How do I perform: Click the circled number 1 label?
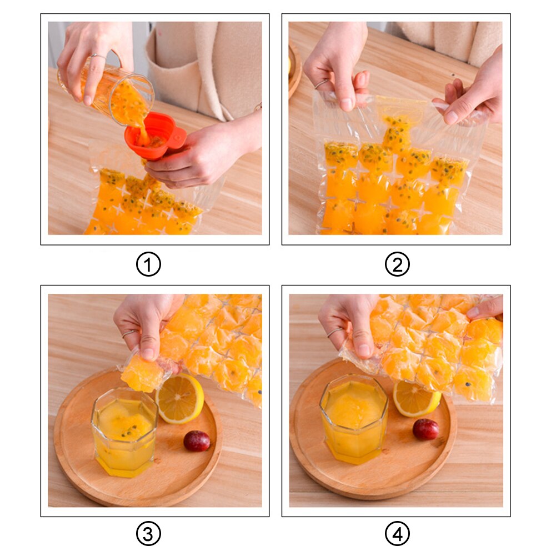point(148,265)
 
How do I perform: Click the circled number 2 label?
point(397,265)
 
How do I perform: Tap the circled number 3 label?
point(148,535)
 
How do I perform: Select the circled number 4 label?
point(397,535)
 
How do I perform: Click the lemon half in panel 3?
point(180,398)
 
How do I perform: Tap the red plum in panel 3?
point(197,440)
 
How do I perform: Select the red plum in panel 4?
point(425,429)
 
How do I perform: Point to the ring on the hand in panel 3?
point(129,333)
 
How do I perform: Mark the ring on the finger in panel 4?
point(335,332)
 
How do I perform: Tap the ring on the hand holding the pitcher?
point(97,56)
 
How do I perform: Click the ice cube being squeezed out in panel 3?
point(142,374)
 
